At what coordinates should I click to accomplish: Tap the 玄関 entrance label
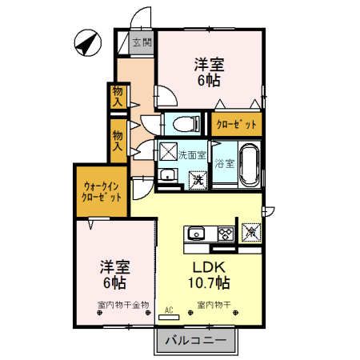pyautogui.click(x=142, y=43)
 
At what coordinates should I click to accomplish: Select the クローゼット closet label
pyautogui.click(x=235, y=124)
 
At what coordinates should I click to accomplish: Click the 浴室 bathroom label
pyautogui.click(x=225, y=164)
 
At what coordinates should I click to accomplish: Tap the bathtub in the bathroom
pyautogui.click(x=248, y=165)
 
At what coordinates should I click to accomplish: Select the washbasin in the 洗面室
pyautogui.click(x=167, y=177)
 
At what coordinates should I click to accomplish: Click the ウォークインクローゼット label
pyautogui.click(x=102, y=192)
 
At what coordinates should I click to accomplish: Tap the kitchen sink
pyautogui.click(x=198, y=234)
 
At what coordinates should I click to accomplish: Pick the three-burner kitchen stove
pyautogui.click(x=225, y=234)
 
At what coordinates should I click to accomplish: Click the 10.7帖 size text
pyautogui.click(x=210, y=283)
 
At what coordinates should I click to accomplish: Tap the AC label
pyautogui.click(x=170, y=308)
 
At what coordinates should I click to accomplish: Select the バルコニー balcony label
pyautogui.click(x=196, y=342)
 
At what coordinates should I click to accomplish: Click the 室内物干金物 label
pyautogui.click(x=122, y=305)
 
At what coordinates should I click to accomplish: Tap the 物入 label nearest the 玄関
pyautogui.click(x=118, y=96)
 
